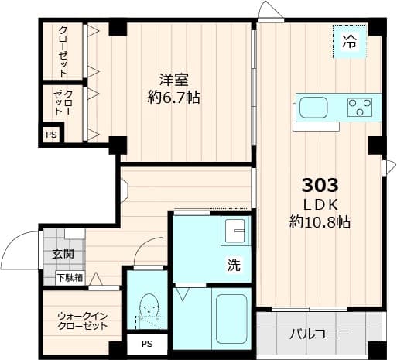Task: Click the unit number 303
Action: tap(320, 186)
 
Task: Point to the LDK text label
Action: tap(320, 204)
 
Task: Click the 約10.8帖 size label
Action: tap(320, 222)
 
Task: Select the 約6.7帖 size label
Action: tap(174, 98)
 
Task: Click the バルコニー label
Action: tap(319, 335)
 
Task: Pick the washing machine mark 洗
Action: tap(233, 265)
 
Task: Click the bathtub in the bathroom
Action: tap(231, 319)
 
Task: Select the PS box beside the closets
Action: tap(51, 135)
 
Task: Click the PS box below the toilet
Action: tap(146, 345)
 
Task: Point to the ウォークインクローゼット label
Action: tap(81, 321)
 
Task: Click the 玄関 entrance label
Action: tap(63, 253)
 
